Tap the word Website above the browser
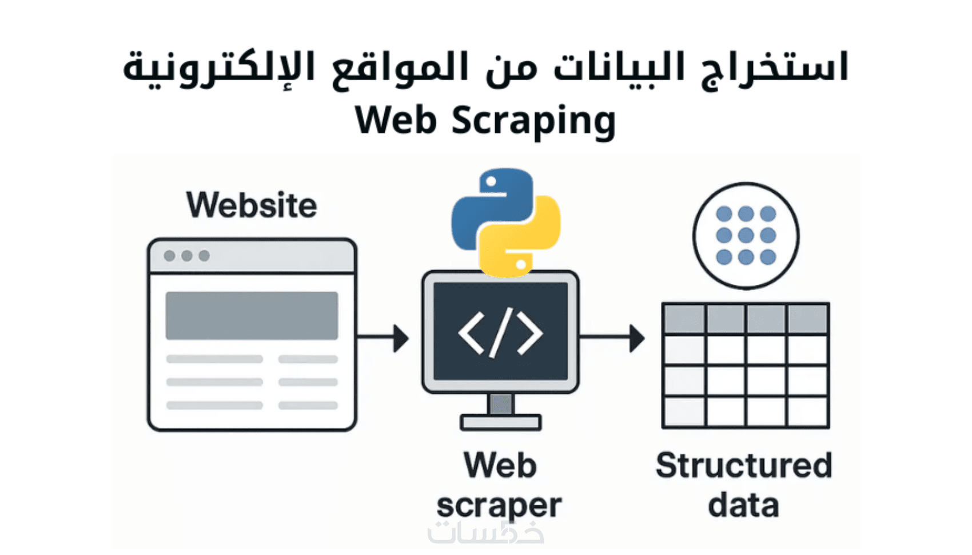(x=252, y=205)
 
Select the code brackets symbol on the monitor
(x=500, y=332)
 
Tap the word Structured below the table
(x=744, y=465)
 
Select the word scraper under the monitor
(x=499, y=506)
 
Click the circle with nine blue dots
(x=746, y=235)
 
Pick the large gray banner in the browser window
(x=252, y=315)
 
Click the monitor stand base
(x=500, y=423)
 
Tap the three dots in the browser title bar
(x=186, y=256)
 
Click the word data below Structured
(x=743, y=506)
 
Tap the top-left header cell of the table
(x=684, y=319)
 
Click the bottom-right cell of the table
(x=807, y=411)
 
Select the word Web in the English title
(x=396, y=121)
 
